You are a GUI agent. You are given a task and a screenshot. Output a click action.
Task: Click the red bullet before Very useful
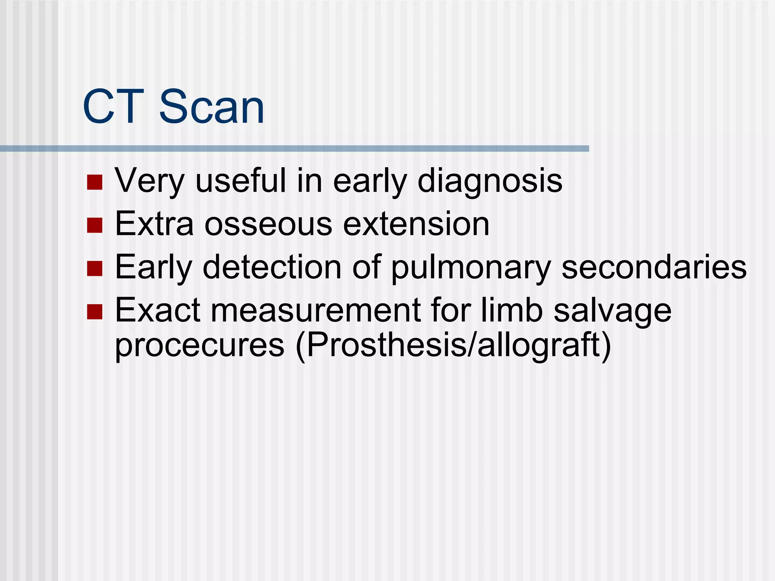coord(95,182)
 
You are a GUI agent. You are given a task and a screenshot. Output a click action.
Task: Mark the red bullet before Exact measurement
coord(95,312)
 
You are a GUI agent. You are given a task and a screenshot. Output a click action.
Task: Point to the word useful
coord(241,181)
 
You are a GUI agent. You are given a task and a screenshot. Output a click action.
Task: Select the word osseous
coord(268,225)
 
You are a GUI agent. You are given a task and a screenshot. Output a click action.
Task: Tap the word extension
coord(416,225)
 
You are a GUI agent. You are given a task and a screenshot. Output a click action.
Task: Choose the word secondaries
coord(654,268)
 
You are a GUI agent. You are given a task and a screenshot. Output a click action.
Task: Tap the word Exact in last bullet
coord(157,311)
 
